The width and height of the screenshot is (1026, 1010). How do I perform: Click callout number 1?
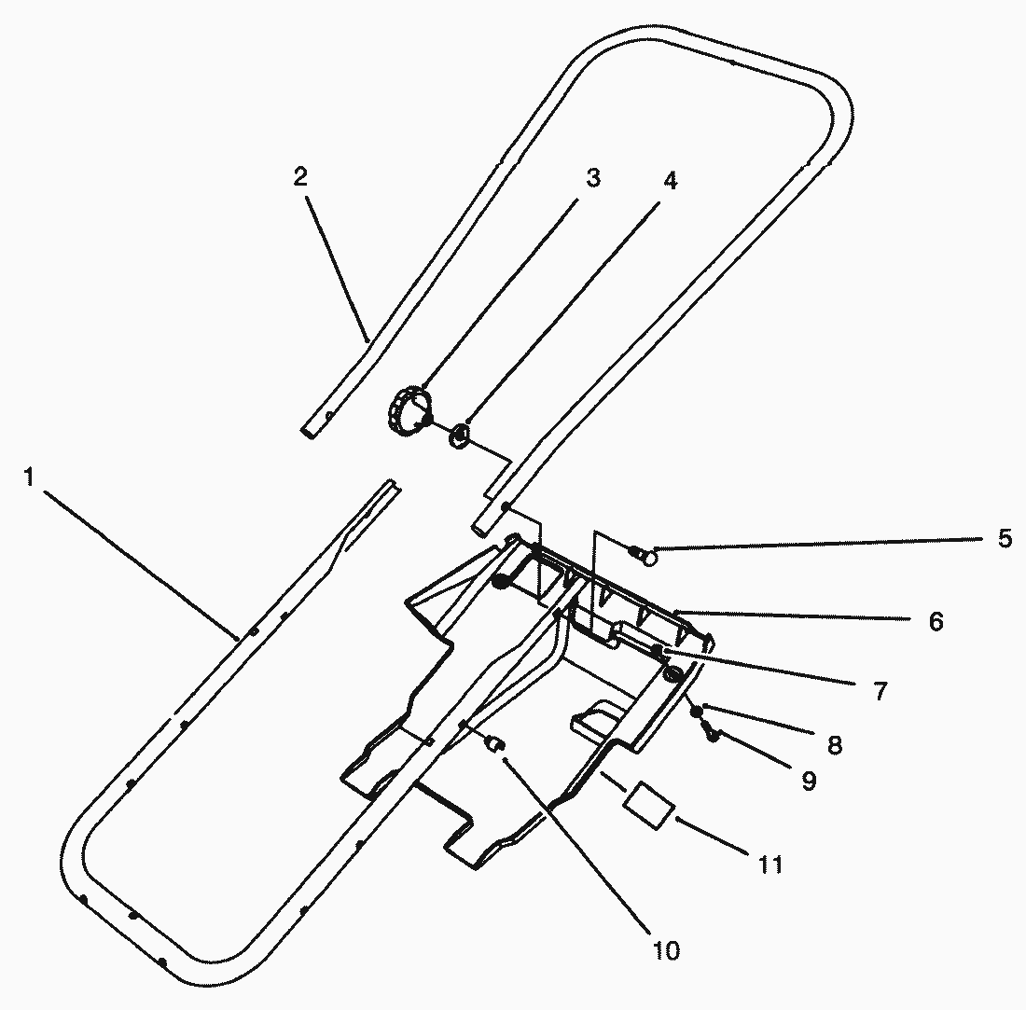30,477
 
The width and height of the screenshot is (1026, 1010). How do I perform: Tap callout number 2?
300,176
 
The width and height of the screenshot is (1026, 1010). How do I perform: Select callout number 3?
592,179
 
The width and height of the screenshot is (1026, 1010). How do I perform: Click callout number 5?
1005,539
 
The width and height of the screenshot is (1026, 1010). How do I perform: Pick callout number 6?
936,621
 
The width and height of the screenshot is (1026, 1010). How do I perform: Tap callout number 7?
880,691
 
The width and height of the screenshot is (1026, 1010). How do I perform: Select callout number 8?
834,744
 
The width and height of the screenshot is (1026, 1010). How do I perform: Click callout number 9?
809,781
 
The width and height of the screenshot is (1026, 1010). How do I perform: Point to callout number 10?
666,950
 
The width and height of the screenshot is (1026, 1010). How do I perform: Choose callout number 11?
770,865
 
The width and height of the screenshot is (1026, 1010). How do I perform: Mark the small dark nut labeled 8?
697,712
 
